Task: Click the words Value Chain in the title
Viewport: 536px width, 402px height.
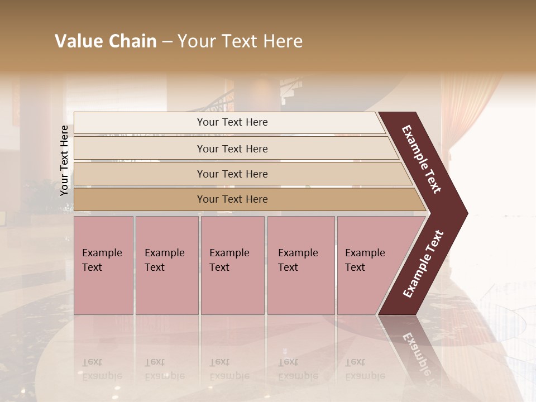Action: click(x=106, y=41)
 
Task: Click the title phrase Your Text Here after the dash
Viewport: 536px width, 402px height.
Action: click(x=240, y=41)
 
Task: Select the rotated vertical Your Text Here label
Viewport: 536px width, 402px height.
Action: click(x=64, y=160)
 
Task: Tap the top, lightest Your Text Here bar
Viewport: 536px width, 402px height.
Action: click(x=232, y=122)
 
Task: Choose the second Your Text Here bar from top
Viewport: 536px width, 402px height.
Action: click(x=232, y=149)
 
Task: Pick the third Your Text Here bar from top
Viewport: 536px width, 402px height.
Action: click(x=232, y=174)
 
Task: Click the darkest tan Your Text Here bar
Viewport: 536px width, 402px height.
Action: click(x=232, y=199)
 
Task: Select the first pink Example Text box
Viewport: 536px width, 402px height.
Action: click(x=103, y=265)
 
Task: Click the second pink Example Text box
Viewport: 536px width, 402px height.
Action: click(x=166, y=265)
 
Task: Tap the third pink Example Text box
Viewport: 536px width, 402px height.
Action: click(x=232, y=265)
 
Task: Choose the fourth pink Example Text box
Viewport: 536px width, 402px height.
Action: click(x=300, y=265)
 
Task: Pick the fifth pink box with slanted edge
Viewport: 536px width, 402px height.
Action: click(x=368, y=265)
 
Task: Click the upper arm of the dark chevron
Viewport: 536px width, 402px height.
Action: click(x=422, y=159)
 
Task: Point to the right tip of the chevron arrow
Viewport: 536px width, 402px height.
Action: click(x=465, y=213)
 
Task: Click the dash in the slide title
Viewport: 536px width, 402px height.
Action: click(x=167, y=42)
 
